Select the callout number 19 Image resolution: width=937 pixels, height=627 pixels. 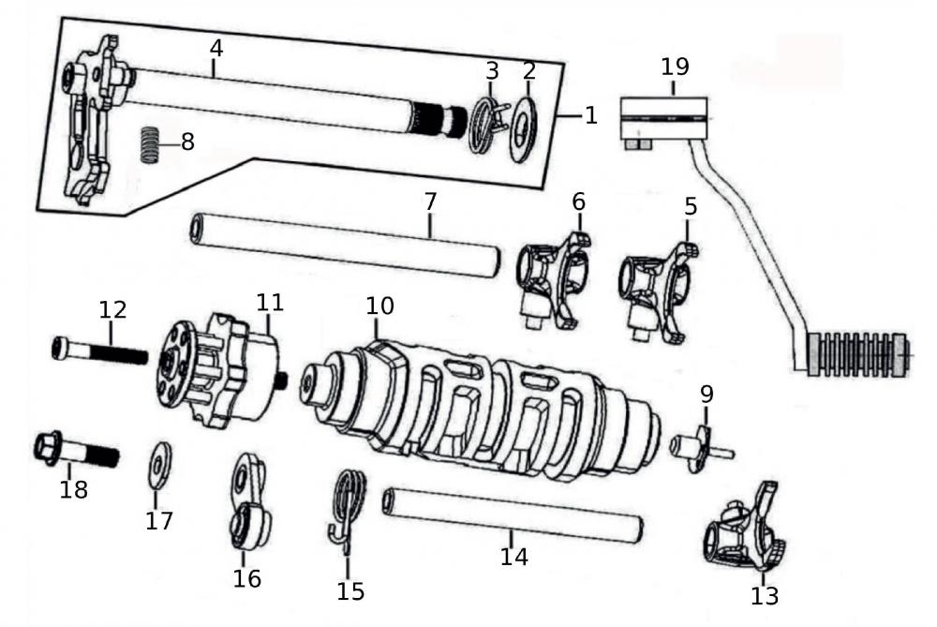point(676,67)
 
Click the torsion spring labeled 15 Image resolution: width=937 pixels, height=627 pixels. point(350,506)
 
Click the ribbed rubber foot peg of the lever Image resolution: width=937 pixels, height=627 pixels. point(857,356)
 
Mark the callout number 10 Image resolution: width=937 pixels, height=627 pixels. point(380,306)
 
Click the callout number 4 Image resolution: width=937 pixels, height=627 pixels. point(216,45)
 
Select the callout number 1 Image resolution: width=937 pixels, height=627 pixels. point(590,115)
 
